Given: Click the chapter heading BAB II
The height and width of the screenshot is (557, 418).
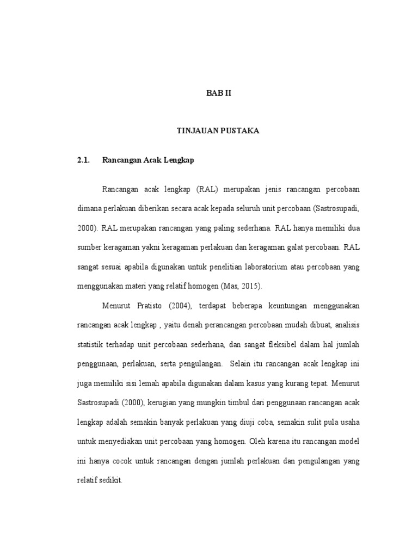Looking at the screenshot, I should (x=218, y=94).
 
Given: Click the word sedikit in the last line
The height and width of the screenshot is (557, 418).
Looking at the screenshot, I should (x=111, y=481).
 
